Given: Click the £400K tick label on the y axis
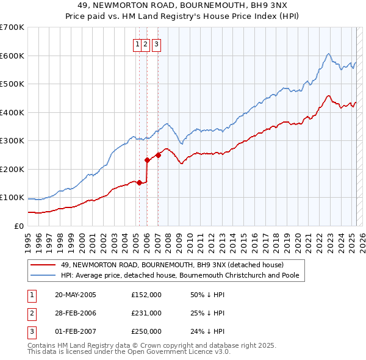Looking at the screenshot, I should tap(12, 112).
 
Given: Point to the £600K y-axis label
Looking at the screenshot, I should tap(12, 56).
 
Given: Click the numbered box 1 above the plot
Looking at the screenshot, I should tap(138, 43).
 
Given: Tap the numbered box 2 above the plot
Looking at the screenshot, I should tap(146, 43).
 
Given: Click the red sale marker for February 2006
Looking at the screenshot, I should tap(147, 160).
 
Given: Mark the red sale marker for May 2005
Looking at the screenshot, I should tap(139, 182).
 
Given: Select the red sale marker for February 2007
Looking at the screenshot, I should tap(157, 155).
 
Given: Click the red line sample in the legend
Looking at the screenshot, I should tap(43, 265).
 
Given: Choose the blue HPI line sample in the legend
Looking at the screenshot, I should tap(43, 275).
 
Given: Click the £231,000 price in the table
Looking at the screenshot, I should tap(146, 313).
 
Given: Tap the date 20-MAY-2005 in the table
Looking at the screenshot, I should tap(76, 295).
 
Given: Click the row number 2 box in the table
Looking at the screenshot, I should tap(30, 313).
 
